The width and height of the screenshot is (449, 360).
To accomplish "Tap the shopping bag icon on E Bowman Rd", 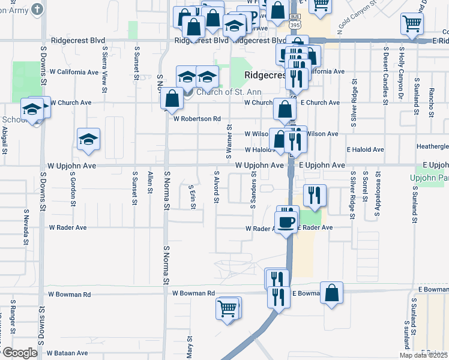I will [331, 293].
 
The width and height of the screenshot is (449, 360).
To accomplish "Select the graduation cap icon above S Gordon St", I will [88, 140].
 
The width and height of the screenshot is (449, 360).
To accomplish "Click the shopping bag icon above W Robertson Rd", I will [172, 100].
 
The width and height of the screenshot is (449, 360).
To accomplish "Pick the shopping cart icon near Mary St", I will [228, 308].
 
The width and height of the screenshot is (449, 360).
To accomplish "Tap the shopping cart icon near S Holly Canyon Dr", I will [412, 23].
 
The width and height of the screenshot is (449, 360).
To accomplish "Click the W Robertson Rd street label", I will [197, 119].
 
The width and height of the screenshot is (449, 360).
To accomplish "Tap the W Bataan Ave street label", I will [68, 353].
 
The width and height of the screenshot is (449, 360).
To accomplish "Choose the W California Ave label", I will [74, 72].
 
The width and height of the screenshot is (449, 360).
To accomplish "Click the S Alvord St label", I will [216, 186].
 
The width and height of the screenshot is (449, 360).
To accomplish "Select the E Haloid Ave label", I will [365, 149].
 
